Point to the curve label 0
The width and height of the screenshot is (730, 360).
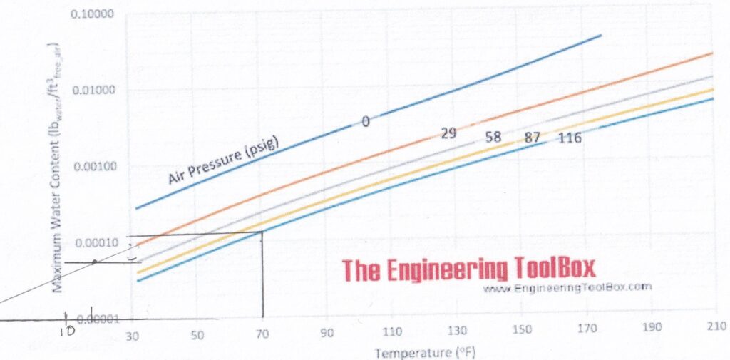(x=366, y=122)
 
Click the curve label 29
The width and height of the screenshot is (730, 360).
(x=448, y=132)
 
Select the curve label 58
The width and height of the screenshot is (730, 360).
(x=493, y=138)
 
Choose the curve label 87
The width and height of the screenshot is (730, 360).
(x=532, y=138)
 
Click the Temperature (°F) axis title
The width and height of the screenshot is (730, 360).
(x=425, y=352)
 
